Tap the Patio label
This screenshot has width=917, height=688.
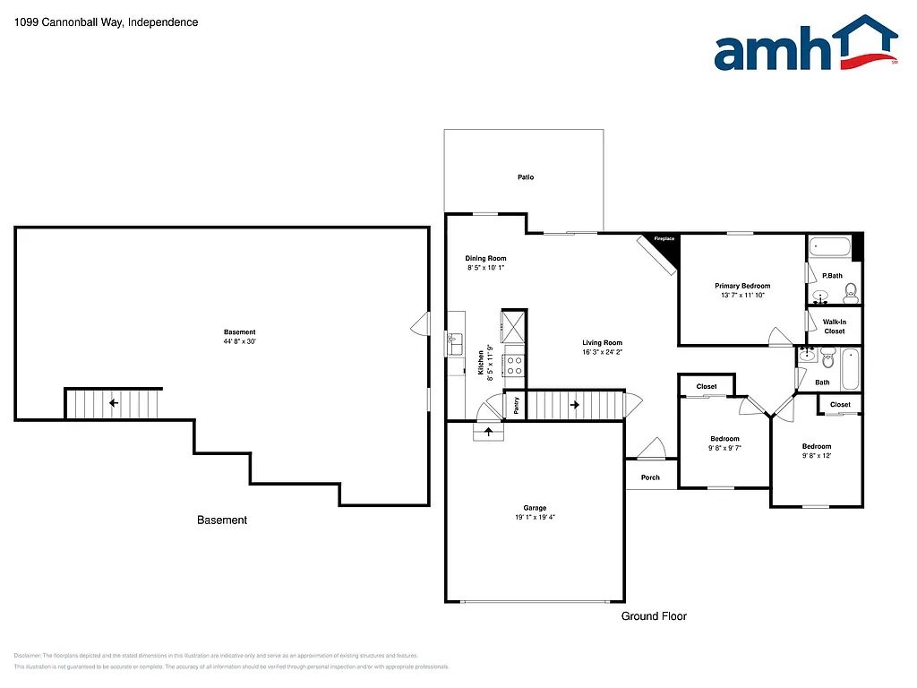tap(526, 177)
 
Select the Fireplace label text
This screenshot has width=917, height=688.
tap(664, 239)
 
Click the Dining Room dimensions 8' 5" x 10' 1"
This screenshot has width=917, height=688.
tap(486, 268)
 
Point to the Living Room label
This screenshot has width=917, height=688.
tap(602, 343)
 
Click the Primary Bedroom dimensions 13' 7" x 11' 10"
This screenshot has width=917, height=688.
tap(744, 296)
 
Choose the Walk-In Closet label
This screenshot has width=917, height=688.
tap(834, 326)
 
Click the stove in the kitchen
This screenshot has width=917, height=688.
tap(515, 365)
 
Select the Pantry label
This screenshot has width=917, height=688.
tap(517, 405)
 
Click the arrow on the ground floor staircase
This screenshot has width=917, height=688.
tap(574, 404)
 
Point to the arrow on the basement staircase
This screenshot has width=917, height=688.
tap(114, 404)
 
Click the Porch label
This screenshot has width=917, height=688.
tap(651, 477)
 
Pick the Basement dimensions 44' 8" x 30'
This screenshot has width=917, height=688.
tap(240, 341)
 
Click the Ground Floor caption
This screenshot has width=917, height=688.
tap(654, 616)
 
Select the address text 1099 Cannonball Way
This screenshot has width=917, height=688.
tap(67, 21)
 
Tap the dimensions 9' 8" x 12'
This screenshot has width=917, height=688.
tap(816, 456)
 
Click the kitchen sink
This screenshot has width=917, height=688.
tap(454, 339)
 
